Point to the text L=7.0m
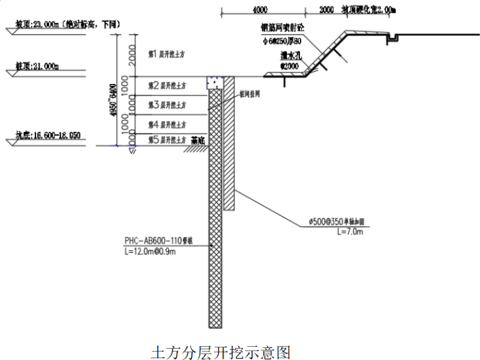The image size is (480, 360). click(x=351, y=232)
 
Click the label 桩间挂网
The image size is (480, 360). click(x=251, y=93)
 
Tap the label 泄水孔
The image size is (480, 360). click(x=291, y=56)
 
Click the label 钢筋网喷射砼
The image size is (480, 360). click(x=282, y=28)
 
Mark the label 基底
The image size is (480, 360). click(x=198, y=141)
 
